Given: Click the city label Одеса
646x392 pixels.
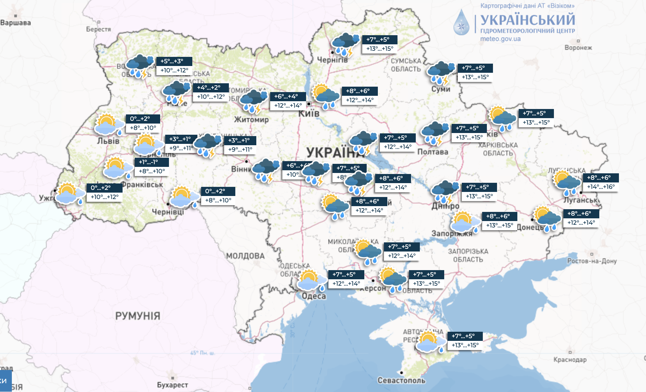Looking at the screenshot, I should coord(314,296).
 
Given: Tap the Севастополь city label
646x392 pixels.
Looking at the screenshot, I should coord(401,380).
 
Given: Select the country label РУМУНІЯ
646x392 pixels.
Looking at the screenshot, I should coord(137,316).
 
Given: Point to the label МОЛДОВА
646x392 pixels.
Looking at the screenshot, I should coord(245,256).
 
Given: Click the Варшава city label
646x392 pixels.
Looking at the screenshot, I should coord(16,23).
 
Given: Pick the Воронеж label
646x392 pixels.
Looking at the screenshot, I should coord(578,48).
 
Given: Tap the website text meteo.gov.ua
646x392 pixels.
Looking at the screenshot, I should coord(500,39).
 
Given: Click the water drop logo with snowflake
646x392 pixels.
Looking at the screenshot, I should coord(461,23).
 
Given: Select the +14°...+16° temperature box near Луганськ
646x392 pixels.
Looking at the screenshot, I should coord(601,187).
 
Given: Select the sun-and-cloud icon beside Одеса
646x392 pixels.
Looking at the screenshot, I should coord(311,280).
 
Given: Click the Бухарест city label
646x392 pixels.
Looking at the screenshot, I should coord(172,385).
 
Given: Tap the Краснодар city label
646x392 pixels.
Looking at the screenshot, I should coord(570,360).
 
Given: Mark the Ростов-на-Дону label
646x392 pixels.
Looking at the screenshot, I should coord(592,261).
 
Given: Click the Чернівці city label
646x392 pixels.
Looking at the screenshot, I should coord(168,212).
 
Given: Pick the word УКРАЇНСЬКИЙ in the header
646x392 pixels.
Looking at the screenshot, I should coord(527,20).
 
